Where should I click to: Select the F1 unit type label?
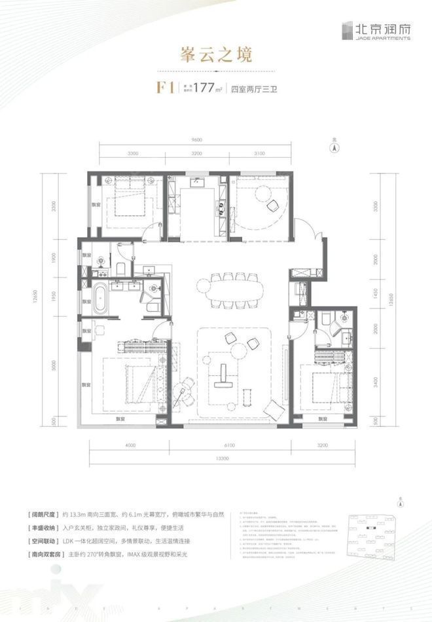(x=163, y=87)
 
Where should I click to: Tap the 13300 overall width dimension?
(x=224, y=460)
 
